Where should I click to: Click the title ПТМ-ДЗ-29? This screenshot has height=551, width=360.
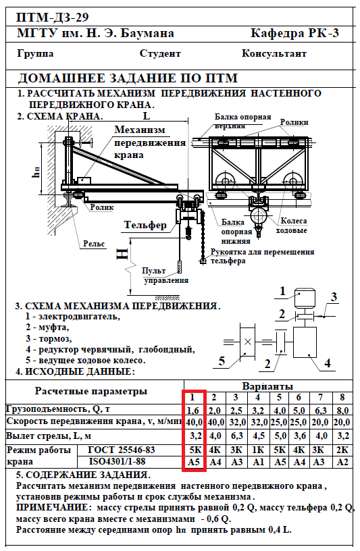pos(53,18)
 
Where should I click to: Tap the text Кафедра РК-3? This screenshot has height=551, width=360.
pos(294,33)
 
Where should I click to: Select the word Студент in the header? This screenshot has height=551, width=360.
pos(160,53)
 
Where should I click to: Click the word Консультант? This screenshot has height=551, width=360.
pos(274,53)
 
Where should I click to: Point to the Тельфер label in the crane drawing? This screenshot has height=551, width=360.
pos(145,225)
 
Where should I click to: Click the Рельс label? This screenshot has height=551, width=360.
pos(94,244)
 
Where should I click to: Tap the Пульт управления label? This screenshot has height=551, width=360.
pos(165,275)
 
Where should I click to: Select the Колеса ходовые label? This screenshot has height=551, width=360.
pos(292,226)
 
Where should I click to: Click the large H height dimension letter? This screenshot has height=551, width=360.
pos(123,254)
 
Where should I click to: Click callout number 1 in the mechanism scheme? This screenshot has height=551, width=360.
pos(282,291)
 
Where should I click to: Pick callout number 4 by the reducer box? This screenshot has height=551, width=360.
pos(328,363)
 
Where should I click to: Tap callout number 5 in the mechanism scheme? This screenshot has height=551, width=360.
pos(222,361)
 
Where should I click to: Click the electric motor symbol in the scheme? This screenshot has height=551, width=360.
pos(305,298)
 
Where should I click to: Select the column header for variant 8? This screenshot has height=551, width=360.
pos(342,398)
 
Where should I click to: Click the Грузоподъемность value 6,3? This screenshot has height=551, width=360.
pos(320,410)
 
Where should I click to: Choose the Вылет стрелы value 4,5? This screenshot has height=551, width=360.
pos(259,436)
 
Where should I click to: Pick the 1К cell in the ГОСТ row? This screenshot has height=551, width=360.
pos(259,450)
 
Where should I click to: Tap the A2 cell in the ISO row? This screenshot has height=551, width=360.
pos(342,462)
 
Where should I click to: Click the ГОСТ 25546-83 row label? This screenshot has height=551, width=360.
pos(122,450)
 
